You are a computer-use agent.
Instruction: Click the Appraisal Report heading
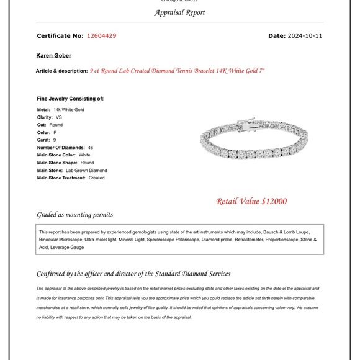pos(179,12)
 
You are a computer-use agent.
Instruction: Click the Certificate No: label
pos(60,36)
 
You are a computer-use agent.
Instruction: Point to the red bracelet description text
pos(177,71)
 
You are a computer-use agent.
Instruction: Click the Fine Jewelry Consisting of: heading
pos(70,98)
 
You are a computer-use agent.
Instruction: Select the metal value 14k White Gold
pos(68,110)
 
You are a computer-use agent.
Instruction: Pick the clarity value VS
pos(59,117)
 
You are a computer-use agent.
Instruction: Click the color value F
pos(55,132)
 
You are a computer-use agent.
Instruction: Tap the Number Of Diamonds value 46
pos(91,148)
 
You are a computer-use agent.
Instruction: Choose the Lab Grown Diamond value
pos(86,170)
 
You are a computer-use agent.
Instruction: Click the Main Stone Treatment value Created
pos(96,178)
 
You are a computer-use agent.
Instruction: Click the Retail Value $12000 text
pos(251,201)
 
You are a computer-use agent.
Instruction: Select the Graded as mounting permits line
pos(75,215)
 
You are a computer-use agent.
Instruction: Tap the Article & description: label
pos(61,71)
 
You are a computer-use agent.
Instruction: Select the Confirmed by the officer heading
pos(133,273)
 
